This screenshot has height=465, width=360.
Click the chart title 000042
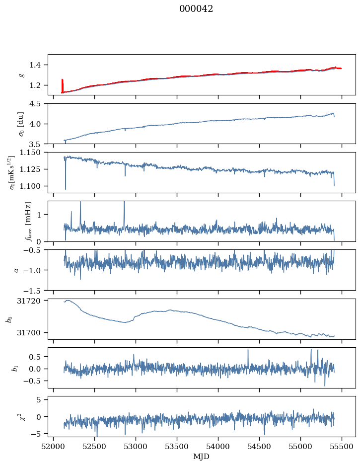(196, 9)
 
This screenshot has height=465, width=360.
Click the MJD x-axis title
(202, 457)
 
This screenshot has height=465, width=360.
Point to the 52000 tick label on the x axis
(54, 447)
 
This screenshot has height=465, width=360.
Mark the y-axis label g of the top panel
(21, 75)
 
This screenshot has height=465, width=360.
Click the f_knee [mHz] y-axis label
(28, 221)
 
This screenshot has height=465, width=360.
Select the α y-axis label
(16, 270)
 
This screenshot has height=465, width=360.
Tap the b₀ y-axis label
(9, 318)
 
